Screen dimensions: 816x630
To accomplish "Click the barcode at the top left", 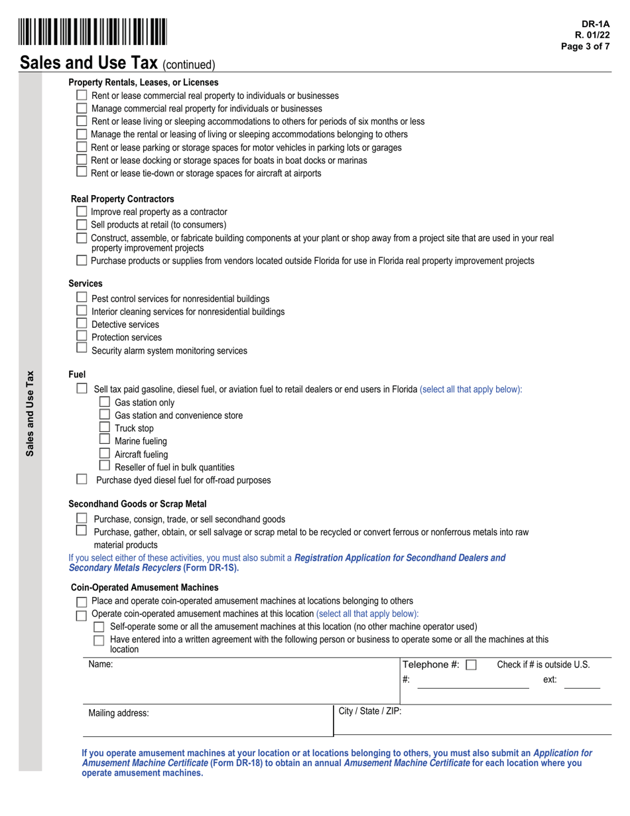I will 93,33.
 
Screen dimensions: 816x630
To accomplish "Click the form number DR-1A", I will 596,24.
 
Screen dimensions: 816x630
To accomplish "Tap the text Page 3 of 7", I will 585,46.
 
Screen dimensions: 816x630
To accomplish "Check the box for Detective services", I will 82,323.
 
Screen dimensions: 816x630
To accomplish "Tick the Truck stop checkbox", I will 104,427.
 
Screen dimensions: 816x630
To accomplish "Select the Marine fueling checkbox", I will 104,439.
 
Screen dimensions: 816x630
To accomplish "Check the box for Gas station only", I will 104,401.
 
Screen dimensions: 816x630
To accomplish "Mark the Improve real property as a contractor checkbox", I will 82,211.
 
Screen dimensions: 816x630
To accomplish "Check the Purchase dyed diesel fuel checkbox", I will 82,479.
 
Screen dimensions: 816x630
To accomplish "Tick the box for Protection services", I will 82,336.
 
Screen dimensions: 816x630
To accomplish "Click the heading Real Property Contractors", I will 123,199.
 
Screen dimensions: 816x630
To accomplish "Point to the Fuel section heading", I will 77,375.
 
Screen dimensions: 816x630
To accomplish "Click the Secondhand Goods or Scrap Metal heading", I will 137,504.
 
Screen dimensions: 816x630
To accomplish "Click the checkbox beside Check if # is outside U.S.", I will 471,665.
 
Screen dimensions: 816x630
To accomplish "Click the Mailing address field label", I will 119,713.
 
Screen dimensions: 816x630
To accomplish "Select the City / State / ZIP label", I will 369,711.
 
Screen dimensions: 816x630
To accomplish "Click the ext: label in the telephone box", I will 550,679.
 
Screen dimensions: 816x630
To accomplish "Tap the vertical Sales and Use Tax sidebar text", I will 30,413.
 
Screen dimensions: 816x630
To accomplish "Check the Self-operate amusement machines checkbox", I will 99,627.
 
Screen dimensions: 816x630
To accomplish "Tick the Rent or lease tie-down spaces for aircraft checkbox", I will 82,172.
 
